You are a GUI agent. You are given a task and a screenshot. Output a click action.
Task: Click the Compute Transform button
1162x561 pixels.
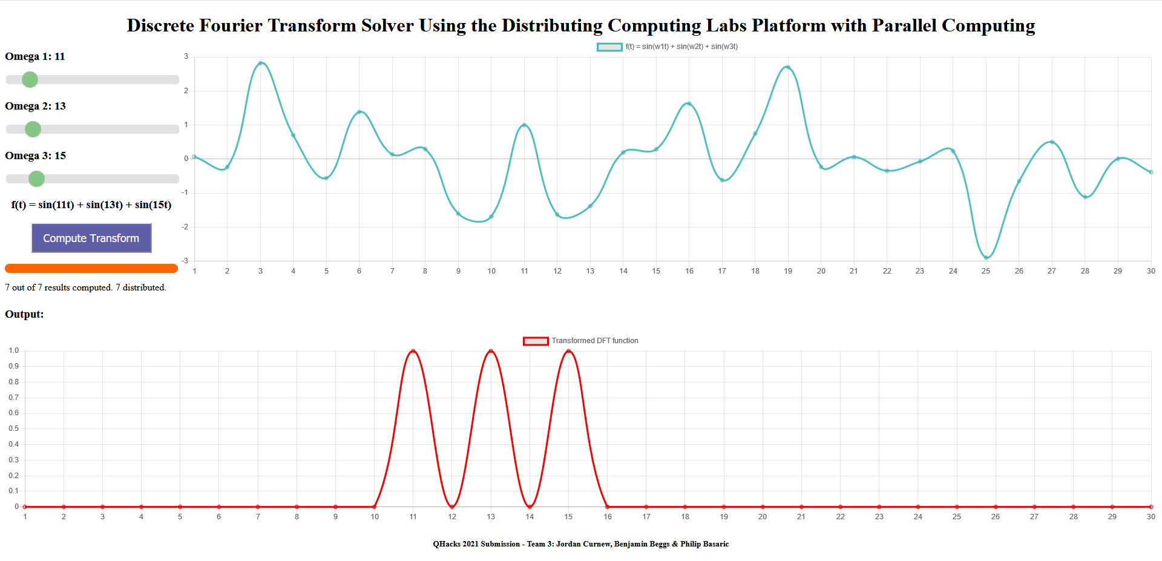click(91, 238)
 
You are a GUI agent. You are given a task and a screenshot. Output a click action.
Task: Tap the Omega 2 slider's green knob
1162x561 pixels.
click(33, 129)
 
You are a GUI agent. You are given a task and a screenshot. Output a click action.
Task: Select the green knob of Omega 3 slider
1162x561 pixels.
click(36, 179)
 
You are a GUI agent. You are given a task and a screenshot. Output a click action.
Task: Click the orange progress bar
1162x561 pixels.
click(91, 268)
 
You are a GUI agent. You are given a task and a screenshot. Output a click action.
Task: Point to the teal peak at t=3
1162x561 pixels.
click(260, 63)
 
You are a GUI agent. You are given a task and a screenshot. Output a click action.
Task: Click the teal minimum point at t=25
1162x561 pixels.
click(986, 258)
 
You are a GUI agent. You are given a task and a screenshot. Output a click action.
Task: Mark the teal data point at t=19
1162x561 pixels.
click(788, 67)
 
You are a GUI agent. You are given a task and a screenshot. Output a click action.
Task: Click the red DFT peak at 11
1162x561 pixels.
click(413, 351)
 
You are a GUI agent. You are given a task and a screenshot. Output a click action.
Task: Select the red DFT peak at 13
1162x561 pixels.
click(491, 351)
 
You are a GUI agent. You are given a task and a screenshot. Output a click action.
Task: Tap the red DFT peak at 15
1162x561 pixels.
click(568, 351)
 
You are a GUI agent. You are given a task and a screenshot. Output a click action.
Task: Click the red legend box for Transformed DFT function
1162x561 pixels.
click(536, 341)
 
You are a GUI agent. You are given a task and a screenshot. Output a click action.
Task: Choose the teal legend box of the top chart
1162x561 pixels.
click(609, 47)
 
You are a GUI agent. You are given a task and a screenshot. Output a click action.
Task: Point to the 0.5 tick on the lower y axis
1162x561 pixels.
click(14, 428)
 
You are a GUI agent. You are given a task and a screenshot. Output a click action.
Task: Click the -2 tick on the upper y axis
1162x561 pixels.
click(185, 227)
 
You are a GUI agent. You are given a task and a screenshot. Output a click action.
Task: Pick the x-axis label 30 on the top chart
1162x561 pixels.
click(1151, 271)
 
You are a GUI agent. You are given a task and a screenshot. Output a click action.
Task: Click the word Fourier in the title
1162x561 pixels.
click(231, 25)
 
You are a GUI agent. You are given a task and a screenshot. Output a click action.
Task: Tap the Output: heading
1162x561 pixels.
click(24, 314)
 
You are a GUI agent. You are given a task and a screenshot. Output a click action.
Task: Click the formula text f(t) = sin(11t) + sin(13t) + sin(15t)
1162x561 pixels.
click(91, 205)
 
